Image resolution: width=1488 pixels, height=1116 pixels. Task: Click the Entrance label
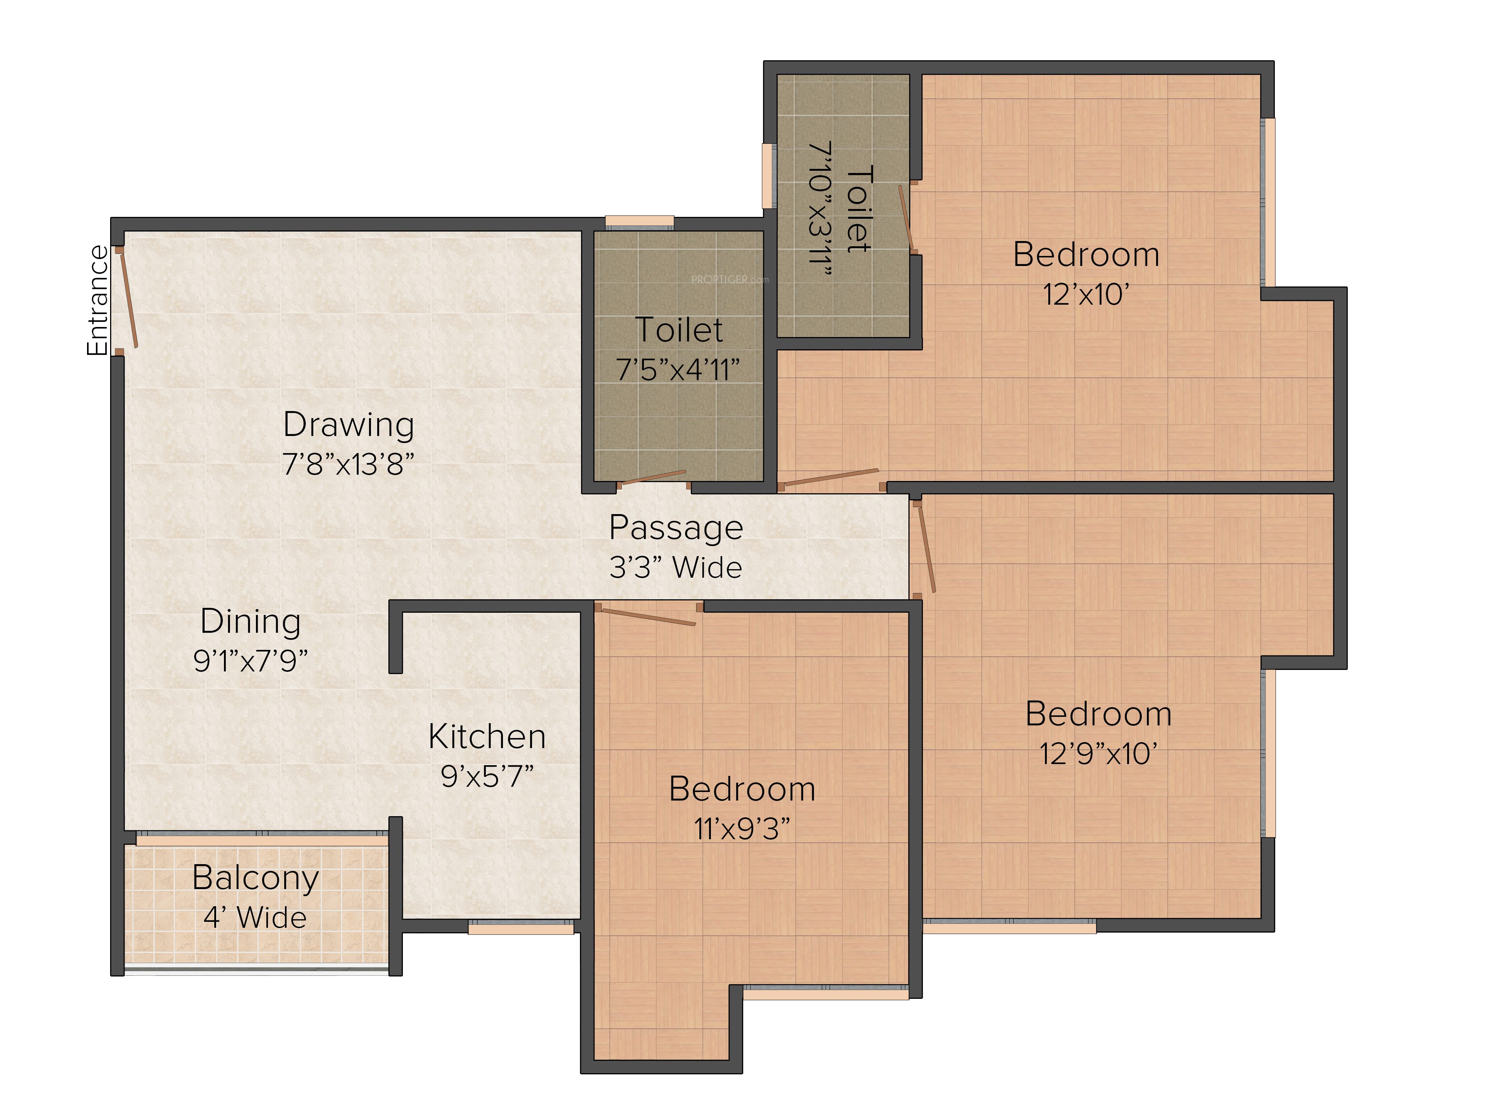coord(97,300)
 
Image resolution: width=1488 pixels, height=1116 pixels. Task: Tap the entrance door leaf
coord(128,300)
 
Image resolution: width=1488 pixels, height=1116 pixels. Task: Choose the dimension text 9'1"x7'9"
coord(250,661)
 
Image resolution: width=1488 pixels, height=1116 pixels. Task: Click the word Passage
coord(676,529)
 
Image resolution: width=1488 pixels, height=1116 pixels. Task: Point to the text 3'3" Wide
coord(676,567)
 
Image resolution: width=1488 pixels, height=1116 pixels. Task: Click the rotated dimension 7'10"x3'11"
coord(820,209)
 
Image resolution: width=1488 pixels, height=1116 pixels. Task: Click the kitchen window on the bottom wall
coord(521,928)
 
